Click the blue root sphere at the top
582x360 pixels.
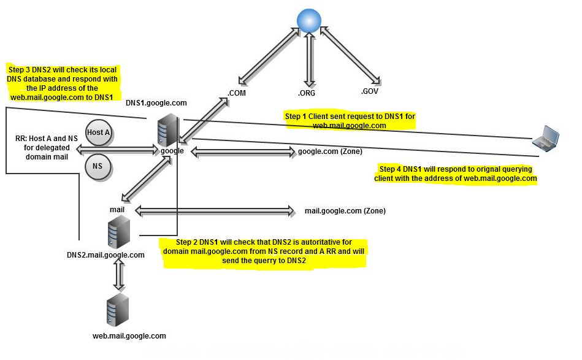click(309, 20)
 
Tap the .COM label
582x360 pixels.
click(237, 93)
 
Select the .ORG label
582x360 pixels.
click(307, 93)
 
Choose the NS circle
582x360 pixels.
click(98, 166)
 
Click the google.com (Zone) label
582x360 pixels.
click(330, 151)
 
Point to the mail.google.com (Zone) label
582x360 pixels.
click(345, 211)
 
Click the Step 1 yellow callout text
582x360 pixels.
click(350, 121)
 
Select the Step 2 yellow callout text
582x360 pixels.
click(264, 251)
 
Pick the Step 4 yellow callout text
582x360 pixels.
click(456, 174)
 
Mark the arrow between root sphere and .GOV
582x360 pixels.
click(348, 55)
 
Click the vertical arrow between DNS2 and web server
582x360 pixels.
click(118, 274)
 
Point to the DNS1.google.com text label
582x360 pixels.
click(156, 103)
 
